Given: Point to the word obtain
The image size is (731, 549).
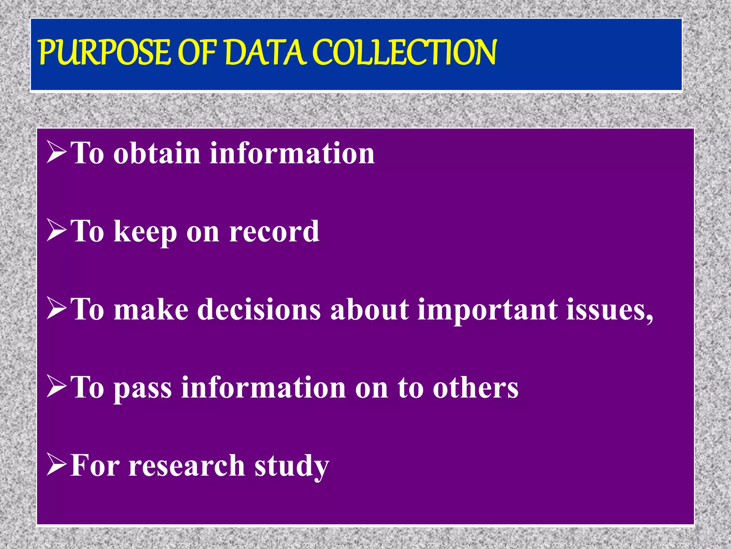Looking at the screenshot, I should [157, 153].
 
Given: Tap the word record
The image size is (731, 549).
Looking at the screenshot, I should [274, 231].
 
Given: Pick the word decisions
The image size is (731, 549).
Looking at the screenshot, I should [259, 309].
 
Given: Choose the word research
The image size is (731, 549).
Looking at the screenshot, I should [187, 466].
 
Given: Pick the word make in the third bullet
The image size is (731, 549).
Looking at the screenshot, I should [151, 309].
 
